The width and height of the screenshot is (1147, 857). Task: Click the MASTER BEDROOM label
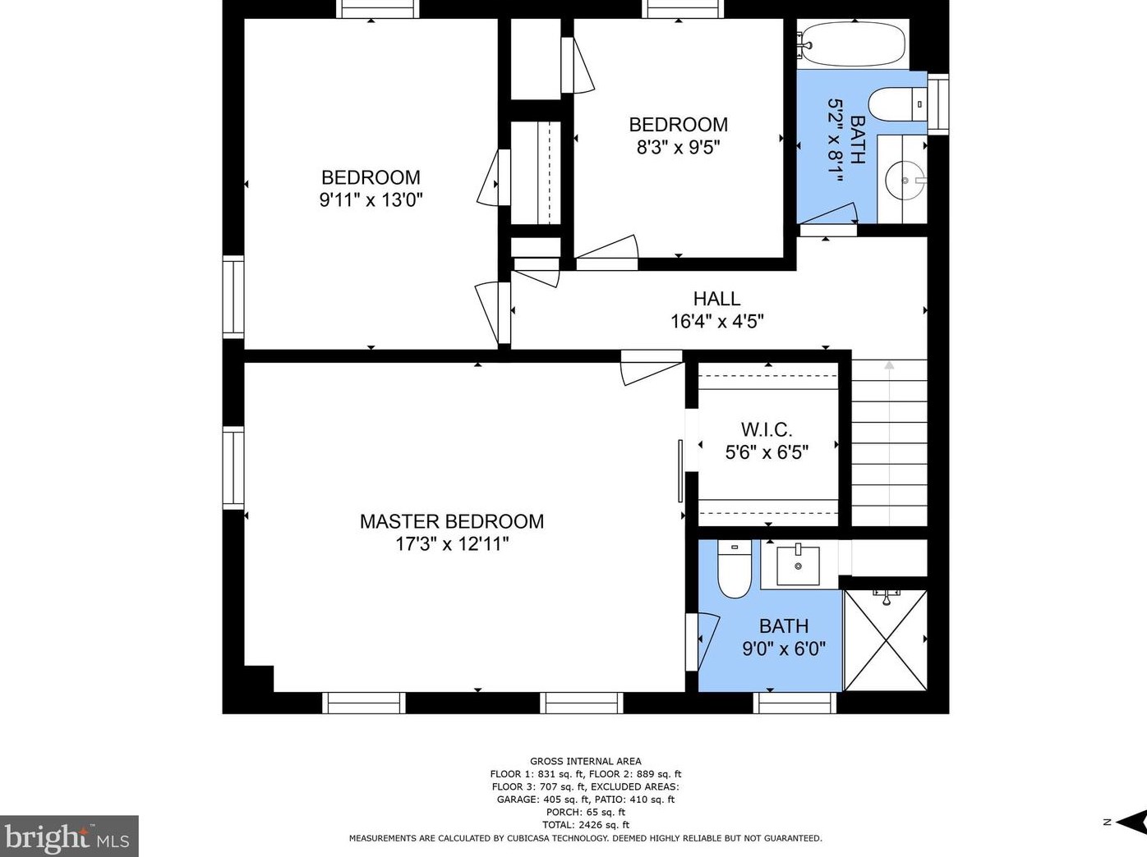pos(451,521)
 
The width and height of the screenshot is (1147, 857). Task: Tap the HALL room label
pos(716,299)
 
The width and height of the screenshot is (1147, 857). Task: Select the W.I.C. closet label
pos(766,429)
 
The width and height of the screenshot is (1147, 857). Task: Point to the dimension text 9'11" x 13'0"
pos(371,199)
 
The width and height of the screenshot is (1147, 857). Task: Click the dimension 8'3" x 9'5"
pos(678,147)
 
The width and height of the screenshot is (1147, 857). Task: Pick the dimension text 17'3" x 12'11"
pos(451,543)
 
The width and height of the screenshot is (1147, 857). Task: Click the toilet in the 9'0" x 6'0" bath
pos(734,569)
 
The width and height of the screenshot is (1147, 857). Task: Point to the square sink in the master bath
pos(798,565)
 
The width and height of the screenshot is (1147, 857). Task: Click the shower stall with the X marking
pos(885,639)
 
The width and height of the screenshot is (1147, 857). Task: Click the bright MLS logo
pos(69,836)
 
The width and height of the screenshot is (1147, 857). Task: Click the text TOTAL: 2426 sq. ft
pos(585,825)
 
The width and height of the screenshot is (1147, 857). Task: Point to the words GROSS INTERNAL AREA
pos(585,761)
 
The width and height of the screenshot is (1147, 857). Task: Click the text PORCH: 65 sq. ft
pos(585,813)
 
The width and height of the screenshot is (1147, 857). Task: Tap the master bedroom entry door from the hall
pos(651,366)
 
